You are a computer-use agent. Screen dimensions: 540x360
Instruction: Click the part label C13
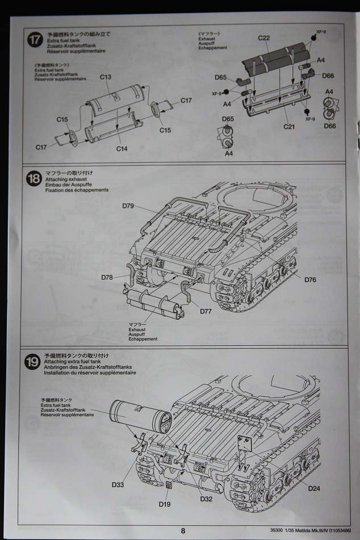[x=106, y=77]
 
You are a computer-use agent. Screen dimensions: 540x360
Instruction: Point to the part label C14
[x=121, y=149]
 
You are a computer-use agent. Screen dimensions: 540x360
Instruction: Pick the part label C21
[x=290, y=126]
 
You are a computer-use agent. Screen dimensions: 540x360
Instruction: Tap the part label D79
[x=127, y=206]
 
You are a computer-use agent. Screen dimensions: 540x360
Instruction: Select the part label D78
[x=108, y=277]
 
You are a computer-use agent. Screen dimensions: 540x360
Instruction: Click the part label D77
[x=206, y=311]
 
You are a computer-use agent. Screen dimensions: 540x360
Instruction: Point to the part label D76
[x=310, y=279]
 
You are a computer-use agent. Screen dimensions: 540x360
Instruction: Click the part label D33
[x=118, y=484]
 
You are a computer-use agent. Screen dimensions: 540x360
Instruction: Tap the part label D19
[x=165, y=504]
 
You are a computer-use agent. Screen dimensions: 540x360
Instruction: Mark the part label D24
[x=315, y=488]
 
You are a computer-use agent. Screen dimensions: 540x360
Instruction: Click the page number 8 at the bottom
[x=183, y=531]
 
